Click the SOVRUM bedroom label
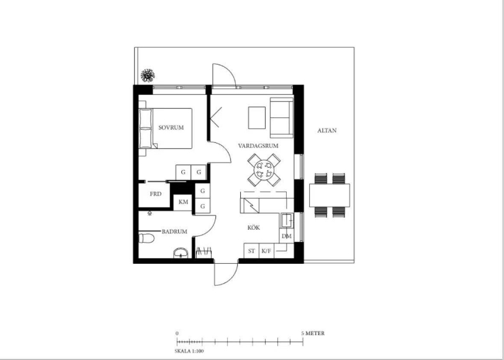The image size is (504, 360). point(171,128)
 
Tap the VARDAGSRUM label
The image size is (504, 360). point(258,146)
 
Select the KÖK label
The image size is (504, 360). point(254,228)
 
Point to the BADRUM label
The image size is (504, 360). point(174,232)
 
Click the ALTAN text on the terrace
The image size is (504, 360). point(327,130)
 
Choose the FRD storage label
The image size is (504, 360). point(156,194)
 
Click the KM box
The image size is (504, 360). point(183,202)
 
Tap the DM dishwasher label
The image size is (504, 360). point(286,236)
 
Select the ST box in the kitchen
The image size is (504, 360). point(251,251)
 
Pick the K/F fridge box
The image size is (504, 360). point(266,251)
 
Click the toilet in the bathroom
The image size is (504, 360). point(146,238)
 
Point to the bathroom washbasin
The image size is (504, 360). point(181,253)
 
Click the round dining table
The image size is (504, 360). point(264,169)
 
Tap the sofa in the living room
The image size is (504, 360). point(282,118)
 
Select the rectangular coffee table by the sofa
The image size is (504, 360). point(257,118)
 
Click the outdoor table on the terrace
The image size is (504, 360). point(330,195)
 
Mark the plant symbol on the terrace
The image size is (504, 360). point(148,76)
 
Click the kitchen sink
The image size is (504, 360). point(286,220)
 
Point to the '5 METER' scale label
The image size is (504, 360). point(313,333)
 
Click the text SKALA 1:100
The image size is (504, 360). point(189,351)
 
